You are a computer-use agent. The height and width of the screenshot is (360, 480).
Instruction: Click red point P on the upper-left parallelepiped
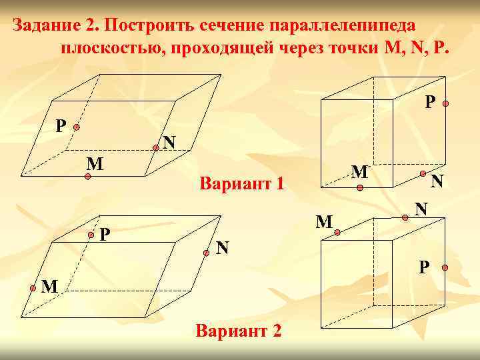[77, 127]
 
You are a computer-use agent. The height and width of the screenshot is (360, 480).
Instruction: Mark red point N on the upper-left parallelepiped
[155, 149]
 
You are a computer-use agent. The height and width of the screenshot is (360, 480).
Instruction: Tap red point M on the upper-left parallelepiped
[88, 177]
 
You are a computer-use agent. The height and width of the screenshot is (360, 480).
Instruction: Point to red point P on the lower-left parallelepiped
[91, 235]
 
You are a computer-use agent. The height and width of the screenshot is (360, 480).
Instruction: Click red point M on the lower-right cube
[338, 232]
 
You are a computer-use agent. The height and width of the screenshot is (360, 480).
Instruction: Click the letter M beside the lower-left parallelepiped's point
[48, 287]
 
